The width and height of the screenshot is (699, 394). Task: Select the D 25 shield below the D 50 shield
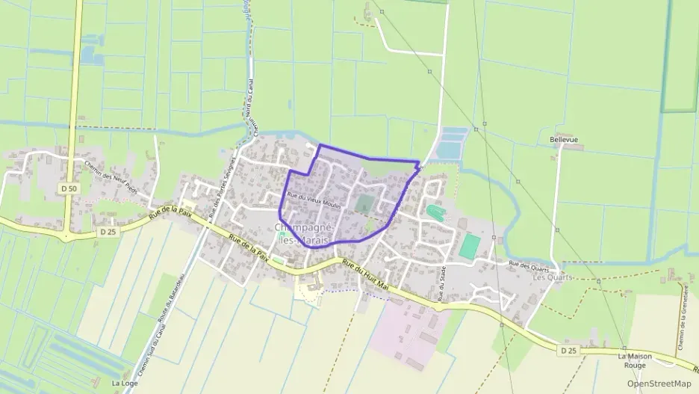coord(108,233)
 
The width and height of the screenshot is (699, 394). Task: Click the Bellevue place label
coord(564,140)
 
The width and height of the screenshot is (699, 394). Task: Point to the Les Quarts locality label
coord(553,277)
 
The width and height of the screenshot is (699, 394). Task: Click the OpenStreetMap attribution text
coord(659,384)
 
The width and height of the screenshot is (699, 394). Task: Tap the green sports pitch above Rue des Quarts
coord(469,246)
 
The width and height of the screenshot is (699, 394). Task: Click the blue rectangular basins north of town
coord(453,143)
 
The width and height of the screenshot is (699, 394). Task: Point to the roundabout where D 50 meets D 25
coord(66,237)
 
